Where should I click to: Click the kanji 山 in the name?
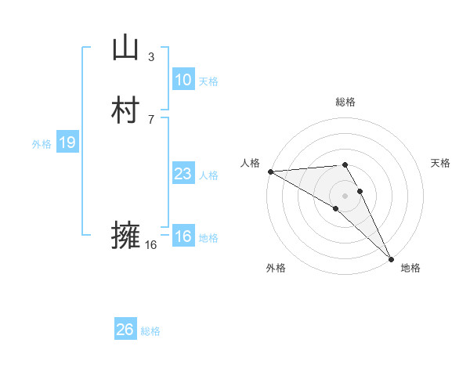pyautogui.click(x=125, y=49)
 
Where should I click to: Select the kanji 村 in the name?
pyautogui.click(x=125, y=110)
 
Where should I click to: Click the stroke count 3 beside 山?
pyautogui.click(x=151, y=56)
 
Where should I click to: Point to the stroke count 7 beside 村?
pyautogui.click(x=151, y=119)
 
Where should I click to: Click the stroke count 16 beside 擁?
pyautogui.click(x=151, y=245)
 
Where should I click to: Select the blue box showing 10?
pyautogui.click(x=183, y=80)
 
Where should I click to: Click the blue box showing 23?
pyautogui.click(x=183, y=174)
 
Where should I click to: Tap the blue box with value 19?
pyautogui.click(x=67, y=143)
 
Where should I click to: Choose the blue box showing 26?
pyautogui.click(x=125, y=330)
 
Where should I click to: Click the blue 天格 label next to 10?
pyautogui.click(x=208, y=81)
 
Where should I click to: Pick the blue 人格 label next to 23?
pyautogui.click(x=208, y=175)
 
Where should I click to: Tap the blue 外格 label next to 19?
pyautogui.click(x=42, y=144)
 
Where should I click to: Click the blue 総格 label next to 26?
pyautogui.click(x=150, y=331)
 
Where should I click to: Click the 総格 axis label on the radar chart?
pyautogui.click(x=345, y=102)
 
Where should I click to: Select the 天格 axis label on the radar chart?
pyautogui.click(x=440, y=163)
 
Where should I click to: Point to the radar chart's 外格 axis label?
pyautogui.click(x=276, y=268)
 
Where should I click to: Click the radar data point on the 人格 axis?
pyautogui.click(x=270, y=171)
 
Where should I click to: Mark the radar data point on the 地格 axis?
pyautogui.click(x=391, y=258)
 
